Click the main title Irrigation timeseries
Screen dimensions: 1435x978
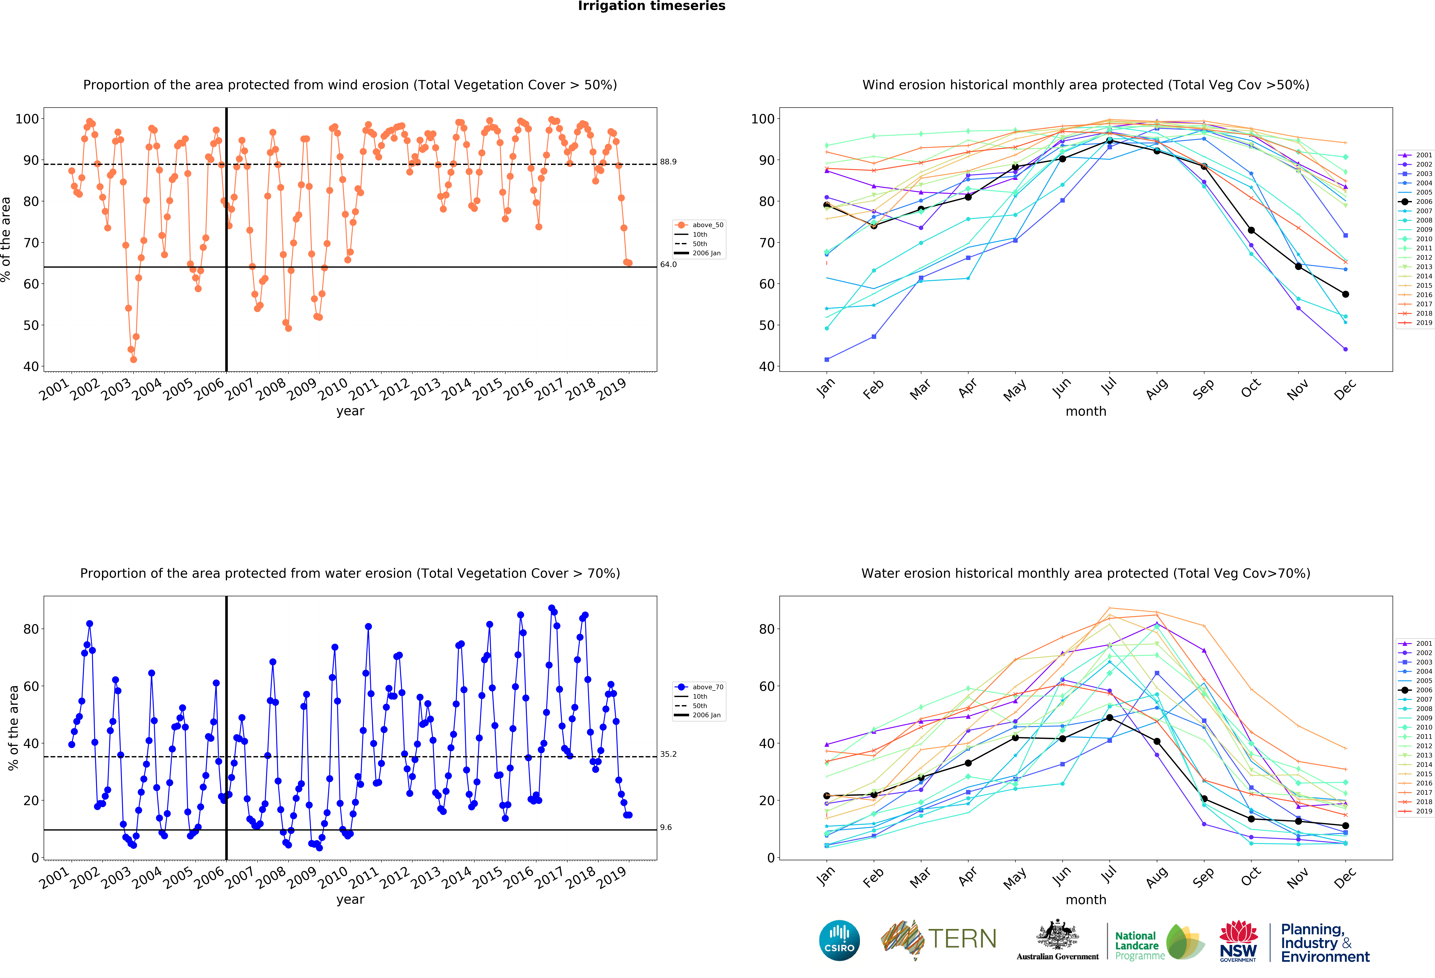tap(651, 6)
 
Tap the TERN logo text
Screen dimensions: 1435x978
tap(962, 939)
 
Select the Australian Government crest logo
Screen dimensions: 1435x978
tap(1058, 940)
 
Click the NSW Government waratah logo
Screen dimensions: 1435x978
tap(1238, 941)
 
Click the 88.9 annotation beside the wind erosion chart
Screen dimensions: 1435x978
tap(668, 162)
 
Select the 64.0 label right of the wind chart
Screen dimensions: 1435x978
tap(668, 264)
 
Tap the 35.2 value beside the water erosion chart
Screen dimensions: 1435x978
tap(668, 754)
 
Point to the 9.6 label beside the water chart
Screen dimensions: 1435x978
tap(666, 827)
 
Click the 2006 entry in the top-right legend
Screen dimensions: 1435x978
tap(1416, 201)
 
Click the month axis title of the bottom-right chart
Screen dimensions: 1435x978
tap(1085, 900)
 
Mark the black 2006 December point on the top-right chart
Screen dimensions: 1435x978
tap(1345, 294)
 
